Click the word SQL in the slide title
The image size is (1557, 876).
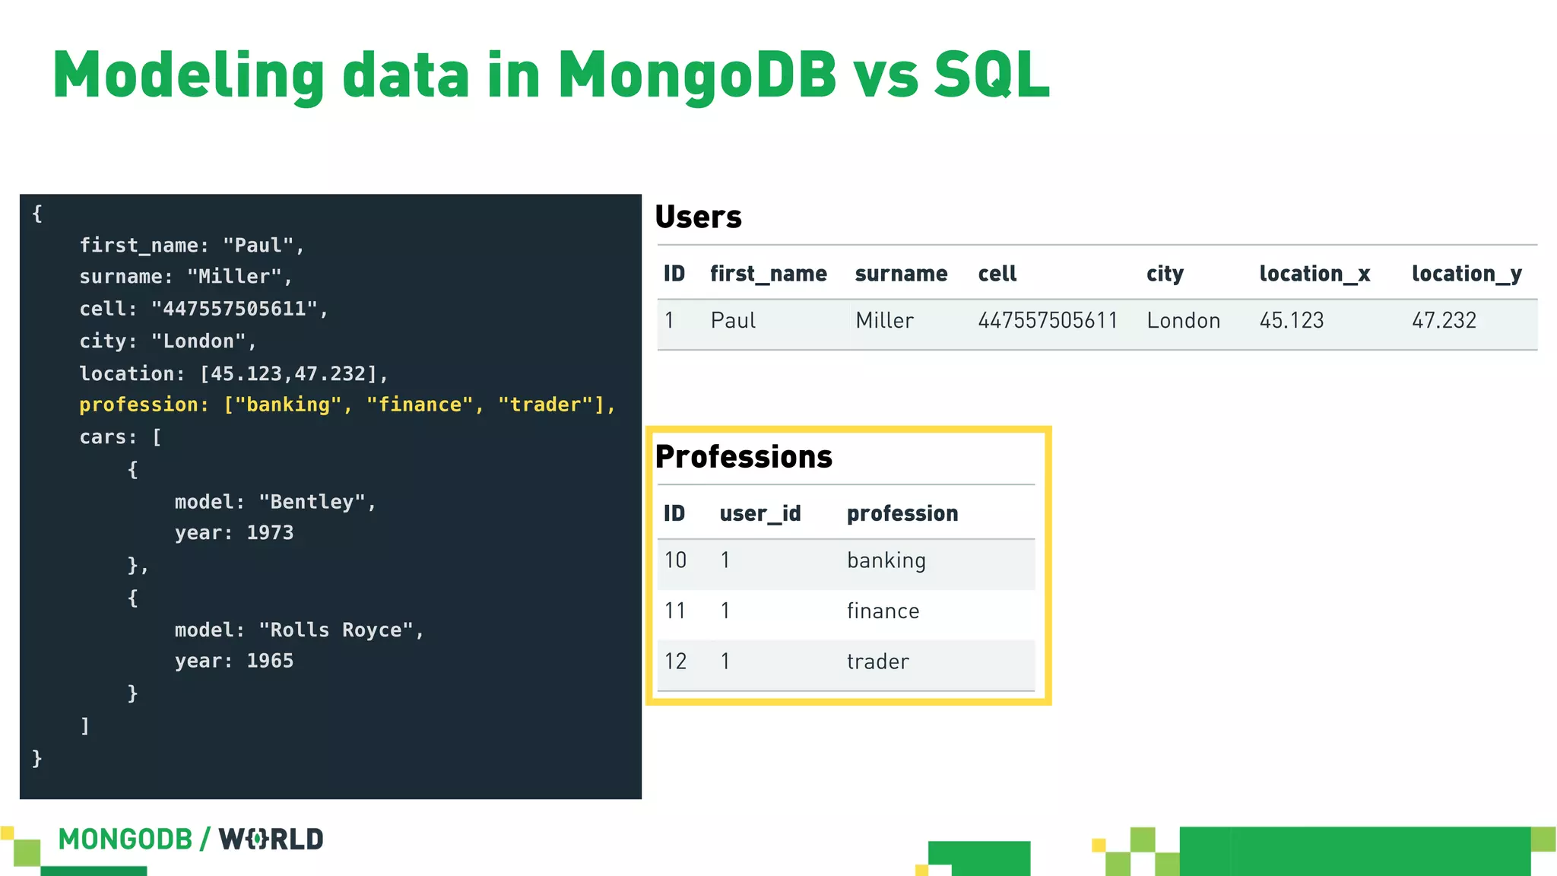[991, 75]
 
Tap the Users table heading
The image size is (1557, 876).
[698, 217]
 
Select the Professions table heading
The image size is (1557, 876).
[744, 457]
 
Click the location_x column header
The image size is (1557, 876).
[1314, 274]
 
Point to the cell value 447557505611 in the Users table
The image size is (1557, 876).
[1048, 320]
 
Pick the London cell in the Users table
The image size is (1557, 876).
[1183, 320]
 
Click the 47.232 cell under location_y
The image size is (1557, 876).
[1444, 320]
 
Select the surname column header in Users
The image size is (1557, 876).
[901, 274]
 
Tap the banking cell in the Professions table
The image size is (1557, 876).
[886, 561]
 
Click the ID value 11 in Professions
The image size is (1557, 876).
[675, 611]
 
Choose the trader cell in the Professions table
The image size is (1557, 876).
[877, 662]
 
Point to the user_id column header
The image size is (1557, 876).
[760, 514]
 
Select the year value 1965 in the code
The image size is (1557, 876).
[270, 661]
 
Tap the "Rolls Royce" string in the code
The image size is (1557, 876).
[336, 630]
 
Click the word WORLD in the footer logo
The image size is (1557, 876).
[271, 839]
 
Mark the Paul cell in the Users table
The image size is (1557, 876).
[733, 320]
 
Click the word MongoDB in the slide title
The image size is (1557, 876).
[697, 75]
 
